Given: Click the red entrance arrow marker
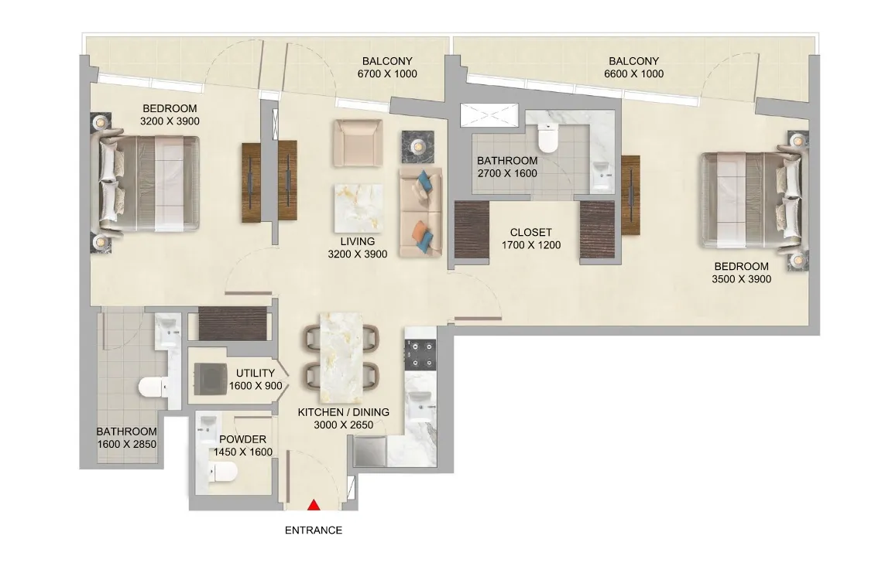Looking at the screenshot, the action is pos(314,504).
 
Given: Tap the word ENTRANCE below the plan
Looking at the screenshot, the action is pos(314,530).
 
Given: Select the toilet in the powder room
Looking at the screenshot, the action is pos(222,472).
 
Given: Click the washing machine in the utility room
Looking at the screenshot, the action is pos(211,379).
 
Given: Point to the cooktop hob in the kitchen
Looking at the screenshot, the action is pos(420,354).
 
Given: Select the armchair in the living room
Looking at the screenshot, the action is pos(357,142).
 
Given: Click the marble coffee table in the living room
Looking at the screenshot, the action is pos(358,208).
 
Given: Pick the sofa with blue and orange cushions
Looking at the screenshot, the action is pos(421,212).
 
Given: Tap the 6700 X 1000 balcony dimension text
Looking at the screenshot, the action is pos(387,73).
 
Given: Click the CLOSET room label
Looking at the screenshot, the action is pos(530,232).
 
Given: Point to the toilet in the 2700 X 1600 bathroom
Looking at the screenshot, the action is pos(548,138).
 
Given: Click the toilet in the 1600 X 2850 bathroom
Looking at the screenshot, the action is pos(153,387).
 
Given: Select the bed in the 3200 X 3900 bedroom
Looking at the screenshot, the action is pos(149,183).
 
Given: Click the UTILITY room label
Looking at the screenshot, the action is pos(256,374).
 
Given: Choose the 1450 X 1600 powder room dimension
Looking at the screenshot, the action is pos(243,452).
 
